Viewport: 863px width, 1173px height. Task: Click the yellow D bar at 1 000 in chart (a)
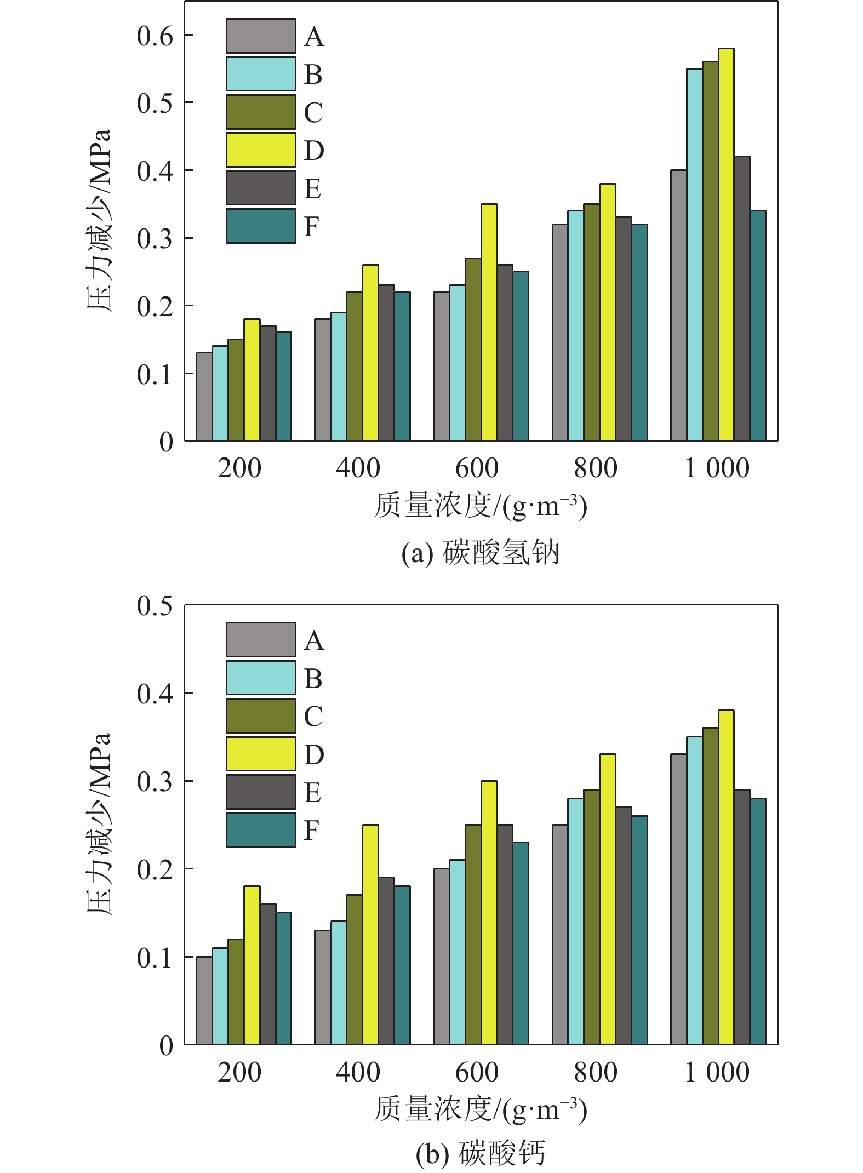pyautogui.click(x=725, y=245)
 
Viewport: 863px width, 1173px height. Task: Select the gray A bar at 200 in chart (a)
pyautogui.click(x=204, y=397)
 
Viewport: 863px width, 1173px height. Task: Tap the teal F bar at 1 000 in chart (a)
pyautogui.click(x=757, y=326)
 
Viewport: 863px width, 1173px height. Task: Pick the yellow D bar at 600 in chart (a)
pyautogui.click(x=489, y=322)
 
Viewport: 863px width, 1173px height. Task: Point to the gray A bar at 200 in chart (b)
pyautogui.click(x=204, y=1000)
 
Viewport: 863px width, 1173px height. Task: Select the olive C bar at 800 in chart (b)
pyautogui.click(x=591, y=917)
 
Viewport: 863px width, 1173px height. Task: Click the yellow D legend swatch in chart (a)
pyautogui.click(x=261, y=150)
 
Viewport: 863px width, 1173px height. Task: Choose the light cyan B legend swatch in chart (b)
pyautogui.click(x=261, y=678)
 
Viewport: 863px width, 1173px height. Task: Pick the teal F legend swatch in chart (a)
pyautogui.click(x=261, y=226)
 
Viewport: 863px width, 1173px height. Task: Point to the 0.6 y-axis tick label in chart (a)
pyautogui.click(x=155, y=36)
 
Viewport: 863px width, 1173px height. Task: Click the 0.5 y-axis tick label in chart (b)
pyautogui.click(x=155, y=606)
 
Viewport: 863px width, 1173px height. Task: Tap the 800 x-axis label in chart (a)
pyautogui.click(x=595, y=468)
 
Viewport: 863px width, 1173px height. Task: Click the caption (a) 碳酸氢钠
pyautogui.click(x=480, y=552)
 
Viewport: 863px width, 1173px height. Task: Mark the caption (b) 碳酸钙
pyautogui.click(x=480, y=1153)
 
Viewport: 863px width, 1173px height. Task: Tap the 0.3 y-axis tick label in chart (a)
pyautogui.click(x=155, y=239)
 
